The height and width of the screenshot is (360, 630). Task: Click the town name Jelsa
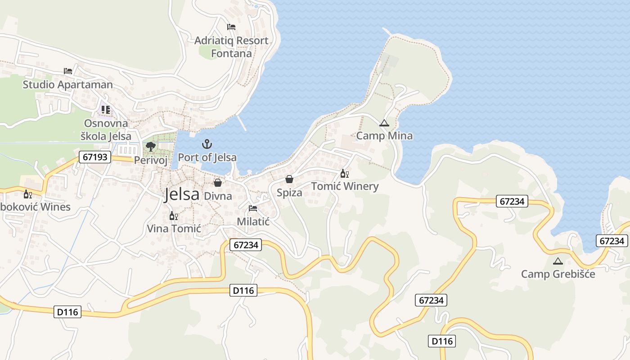(182, 194)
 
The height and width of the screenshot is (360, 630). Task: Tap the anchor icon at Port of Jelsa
(207, 144)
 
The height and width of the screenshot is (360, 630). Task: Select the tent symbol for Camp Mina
(384, 123)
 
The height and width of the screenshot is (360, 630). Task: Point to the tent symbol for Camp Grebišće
(558, 261)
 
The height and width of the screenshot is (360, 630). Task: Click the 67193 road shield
(95, 157)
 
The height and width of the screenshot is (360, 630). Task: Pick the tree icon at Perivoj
(151, 147)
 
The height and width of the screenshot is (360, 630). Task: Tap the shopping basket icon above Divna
(218, 183)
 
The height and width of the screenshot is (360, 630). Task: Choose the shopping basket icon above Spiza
(289, 180)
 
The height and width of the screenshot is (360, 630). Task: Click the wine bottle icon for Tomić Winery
(345, 174)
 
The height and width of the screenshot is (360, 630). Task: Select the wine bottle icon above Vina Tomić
(173, 216)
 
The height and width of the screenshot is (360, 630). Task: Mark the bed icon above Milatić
(253, 208)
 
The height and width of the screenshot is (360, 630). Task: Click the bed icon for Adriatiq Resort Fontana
(231, 27)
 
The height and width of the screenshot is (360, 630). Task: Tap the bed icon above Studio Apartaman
(68, 71)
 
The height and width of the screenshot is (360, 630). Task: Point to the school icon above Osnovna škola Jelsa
(106, 110)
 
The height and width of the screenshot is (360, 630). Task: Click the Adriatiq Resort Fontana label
(231, 47)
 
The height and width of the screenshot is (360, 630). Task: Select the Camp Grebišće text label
(558, 274)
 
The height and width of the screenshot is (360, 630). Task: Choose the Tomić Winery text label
(345, 186)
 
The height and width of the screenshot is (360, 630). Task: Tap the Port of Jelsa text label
(207, 157)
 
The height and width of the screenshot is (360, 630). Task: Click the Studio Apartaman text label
(68, 84)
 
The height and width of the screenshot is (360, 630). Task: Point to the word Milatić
(253, 221)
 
